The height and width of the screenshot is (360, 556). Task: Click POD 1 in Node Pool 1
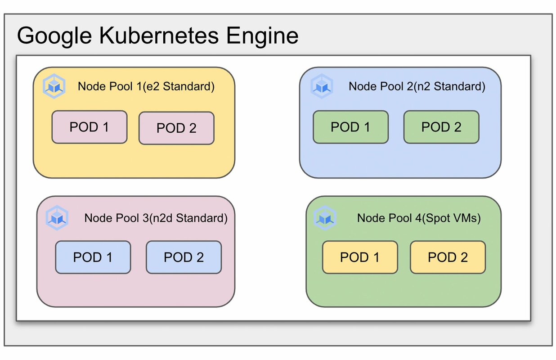[89, 127]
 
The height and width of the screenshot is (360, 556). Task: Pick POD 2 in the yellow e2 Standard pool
[176, 128]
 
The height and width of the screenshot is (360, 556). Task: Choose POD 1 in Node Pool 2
[350, 127]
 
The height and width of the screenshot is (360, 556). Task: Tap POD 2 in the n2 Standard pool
[441, 127]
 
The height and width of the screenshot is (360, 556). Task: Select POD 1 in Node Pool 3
[93, 257]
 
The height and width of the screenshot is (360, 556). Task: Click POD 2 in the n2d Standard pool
[184, 257]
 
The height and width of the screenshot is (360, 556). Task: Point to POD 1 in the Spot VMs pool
[360, 257]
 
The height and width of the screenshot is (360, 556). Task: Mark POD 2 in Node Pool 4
[448, 257]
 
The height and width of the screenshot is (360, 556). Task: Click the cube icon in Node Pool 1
[54, 86]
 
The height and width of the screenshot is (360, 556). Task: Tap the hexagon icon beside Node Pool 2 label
[322, 86]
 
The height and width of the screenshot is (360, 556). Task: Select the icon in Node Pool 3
[57, 218]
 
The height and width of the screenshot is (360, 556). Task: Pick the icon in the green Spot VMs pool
[325, 218]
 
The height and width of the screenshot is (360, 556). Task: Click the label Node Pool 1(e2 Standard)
[146, 86]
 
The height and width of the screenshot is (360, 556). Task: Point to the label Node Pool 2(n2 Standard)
[417, 86]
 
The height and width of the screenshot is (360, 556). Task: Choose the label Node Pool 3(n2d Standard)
[156, 218]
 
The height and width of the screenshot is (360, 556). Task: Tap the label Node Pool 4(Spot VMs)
[419, 218]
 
